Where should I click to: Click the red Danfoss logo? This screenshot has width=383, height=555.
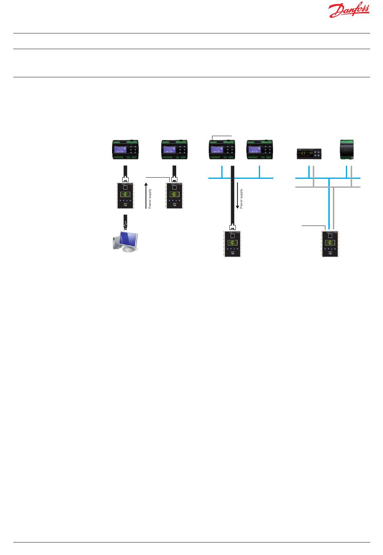[x=349, y=11]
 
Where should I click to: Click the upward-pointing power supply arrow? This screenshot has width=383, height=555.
[x=146, y=196]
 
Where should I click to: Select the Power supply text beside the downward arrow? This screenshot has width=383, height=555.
[x=241, y=199]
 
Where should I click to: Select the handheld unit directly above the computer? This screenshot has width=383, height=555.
[x=126, y=195]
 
